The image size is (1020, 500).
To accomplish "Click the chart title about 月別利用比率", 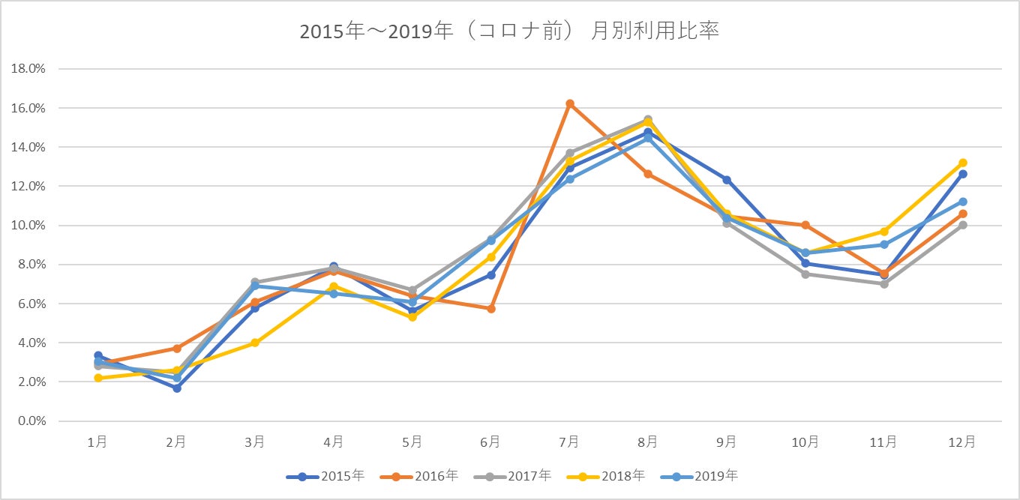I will [509, 32].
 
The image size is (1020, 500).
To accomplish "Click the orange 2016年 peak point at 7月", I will [569, 103].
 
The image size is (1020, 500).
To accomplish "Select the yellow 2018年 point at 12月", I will [963, 163].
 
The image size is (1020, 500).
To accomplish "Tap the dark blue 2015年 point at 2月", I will [176, 388].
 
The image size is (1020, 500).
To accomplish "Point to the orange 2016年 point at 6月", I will [490, 309].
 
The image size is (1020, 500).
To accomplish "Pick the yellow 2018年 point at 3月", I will [255, 343].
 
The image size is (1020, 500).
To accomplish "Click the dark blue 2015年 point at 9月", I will [727, 180].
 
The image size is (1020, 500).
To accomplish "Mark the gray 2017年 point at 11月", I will [884, 284].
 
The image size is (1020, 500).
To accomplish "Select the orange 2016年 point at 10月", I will [805, 225].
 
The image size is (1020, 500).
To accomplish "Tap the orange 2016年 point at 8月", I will [648, 174].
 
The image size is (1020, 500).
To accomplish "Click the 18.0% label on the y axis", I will [28, 69].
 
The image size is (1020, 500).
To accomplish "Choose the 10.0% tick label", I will [28, 226].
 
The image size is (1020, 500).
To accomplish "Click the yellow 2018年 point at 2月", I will [176, 370].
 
